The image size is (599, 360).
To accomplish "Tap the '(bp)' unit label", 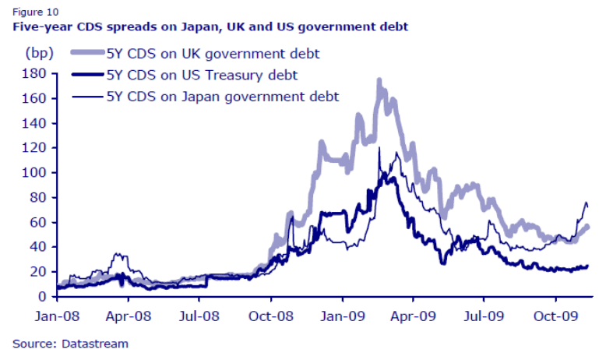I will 38,53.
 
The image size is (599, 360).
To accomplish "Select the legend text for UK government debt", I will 213,54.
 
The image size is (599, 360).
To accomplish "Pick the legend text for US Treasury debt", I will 202,75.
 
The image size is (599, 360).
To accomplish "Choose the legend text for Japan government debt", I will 222,97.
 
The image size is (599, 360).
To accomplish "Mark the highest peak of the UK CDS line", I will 379,80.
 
